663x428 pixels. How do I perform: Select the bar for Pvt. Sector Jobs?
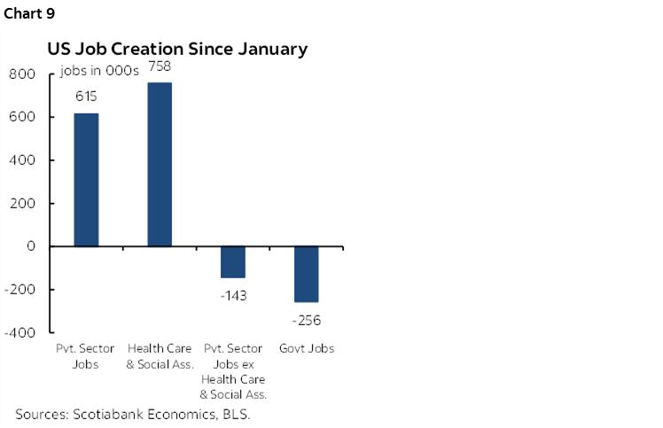pyautogui.click(x=86, y=179)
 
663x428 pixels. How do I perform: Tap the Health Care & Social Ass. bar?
pyautogui.click(x=160, y=164)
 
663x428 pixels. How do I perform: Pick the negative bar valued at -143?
pyautogui.click(x=233, y=261)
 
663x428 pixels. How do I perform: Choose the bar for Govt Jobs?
pyautogui.click(x=307, y=274)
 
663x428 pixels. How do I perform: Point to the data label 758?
pyautogui.click(x=160, y=66)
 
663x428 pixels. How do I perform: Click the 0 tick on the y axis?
pyautogui.click(x=30, y=246)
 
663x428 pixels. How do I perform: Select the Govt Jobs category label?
pyautogui.click(x=307, y=348)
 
